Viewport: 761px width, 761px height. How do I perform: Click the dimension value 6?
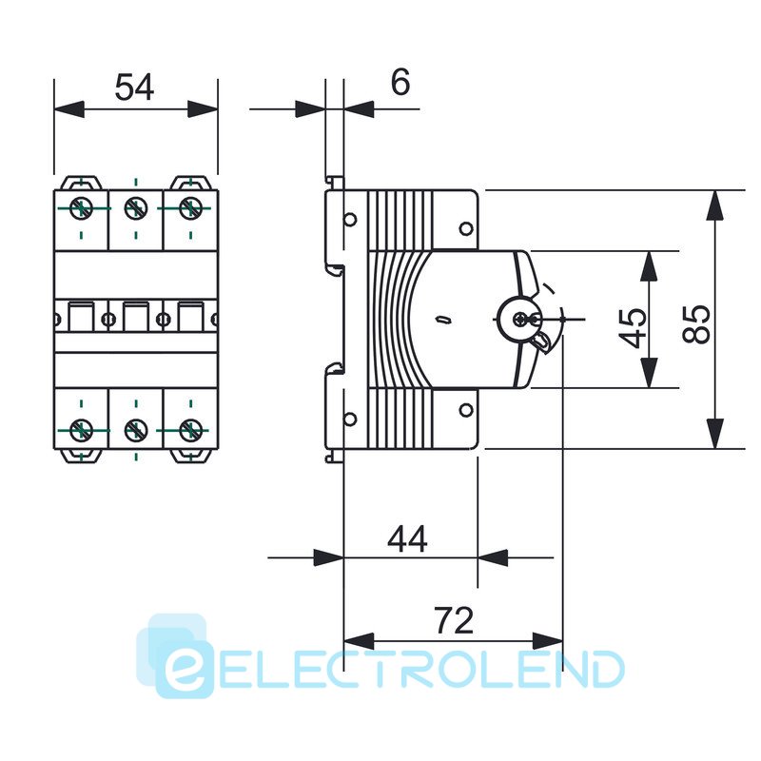(400, 83)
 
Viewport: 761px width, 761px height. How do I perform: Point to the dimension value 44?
(408, 539)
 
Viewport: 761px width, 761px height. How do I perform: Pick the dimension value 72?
(454, 621)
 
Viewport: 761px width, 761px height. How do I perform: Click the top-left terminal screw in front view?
(82, 206)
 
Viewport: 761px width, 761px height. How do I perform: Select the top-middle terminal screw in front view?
(136, 206)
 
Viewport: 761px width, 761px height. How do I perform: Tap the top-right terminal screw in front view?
(190, 206)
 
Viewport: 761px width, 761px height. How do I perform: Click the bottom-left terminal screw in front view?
(82, 431)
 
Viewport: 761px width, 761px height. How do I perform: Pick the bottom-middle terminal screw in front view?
(136, 431)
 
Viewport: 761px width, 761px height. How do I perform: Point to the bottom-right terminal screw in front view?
(190, 431)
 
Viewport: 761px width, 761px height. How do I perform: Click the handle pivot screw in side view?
(519, 320)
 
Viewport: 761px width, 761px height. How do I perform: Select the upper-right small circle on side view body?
(465, 228)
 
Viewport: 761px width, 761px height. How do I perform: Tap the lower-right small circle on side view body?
(465, 410)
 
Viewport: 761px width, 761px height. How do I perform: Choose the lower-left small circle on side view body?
(350, 418)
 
